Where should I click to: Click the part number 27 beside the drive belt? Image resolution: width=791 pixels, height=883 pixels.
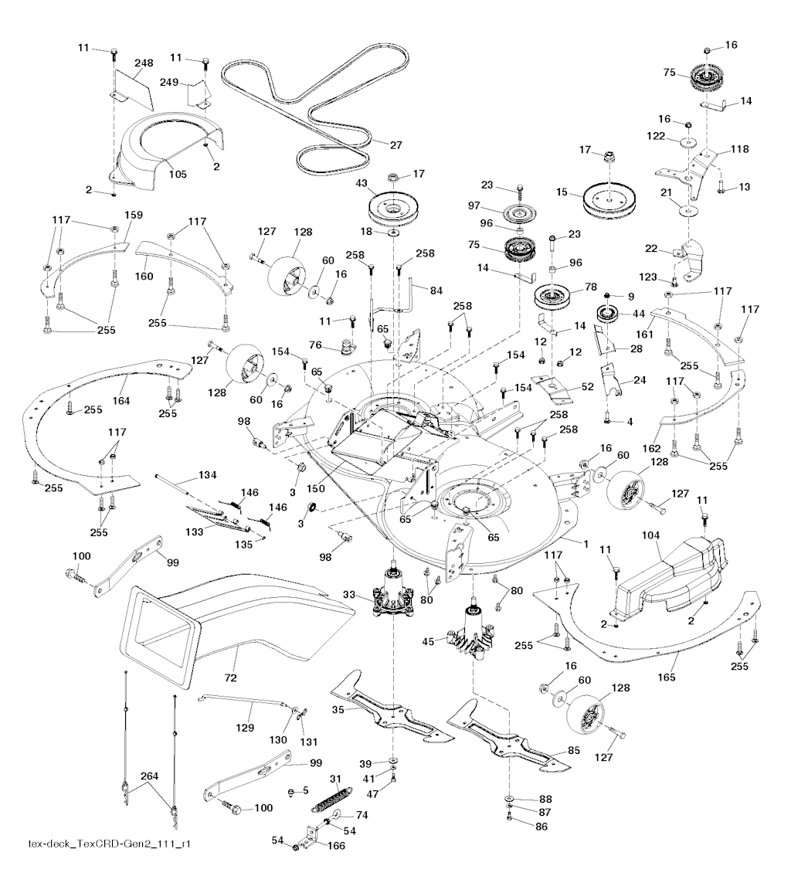(375, 144)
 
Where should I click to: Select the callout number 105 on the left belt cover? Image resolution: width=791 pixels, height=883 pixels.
(178, 174)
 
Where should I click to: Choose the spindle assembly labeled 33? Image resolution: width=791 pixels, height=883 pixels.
(395, 598)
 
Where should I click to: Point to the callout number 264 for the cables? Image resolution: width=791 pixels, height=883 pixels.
(150, 776)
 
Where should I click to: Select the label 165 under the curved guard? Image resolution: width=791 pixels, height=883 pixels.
(668, 677)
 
